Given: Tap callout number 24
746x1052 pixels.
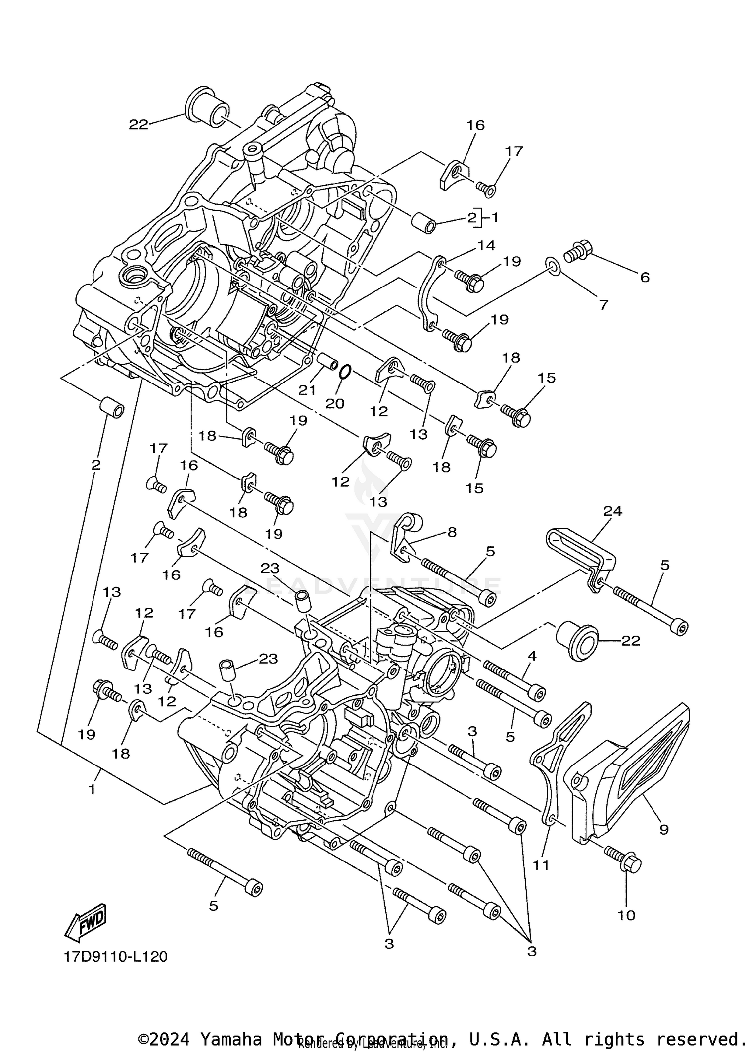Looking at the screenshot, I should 613,511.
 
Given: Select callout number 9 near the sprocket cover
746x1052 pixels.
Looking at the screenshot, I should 664,829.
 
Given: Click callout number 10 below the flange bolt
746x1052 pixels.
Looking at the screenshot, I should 627,915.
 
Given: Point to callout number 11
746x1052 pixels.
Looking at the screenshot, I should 541,865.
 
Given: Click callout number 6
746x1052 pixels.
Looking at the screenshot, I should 645,277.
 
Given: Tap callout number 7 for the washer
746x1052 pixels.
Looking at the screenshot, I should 604,304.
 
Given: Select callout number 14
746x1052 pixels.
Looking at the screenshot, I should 487,245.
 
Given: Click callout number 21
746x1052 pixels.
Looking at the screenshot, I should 307,390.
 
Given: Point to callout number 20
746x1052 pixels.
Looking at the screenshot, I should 335,403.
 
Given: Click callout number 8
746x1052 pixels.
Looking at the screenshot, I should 452,532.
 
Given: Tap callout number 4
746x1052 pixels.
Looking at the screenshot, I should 532,656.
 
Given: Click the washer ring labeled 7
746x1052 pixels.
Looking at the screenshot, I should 553,266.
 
